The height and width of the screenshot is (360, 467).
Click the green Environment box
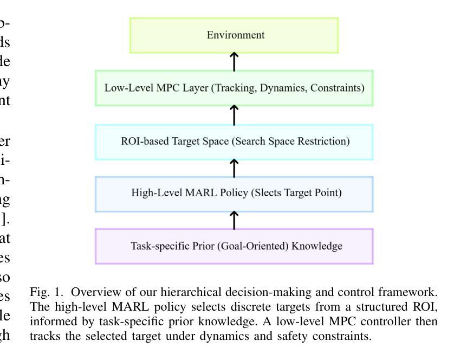point(234,35)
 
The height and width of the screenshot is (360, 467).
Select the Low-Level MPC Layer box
point(234,87)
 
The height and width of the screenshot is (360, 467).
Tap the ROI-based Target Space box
point(234,142)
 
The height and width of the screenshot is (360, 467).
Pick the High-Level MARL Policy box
point(234,194)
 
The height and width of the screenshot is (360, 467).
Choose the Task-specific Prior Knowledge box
point(234,246)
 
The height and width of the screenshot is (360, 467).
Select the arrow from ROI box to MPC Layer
point(234,114)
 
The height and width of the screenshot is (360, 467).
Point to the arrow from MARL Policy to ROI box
point(234,168)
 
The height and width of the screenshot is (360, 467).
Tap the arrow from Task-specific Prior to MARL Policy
point(234,220)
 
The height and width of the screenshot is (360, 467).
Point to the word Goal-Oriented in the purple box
point(264,246)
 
